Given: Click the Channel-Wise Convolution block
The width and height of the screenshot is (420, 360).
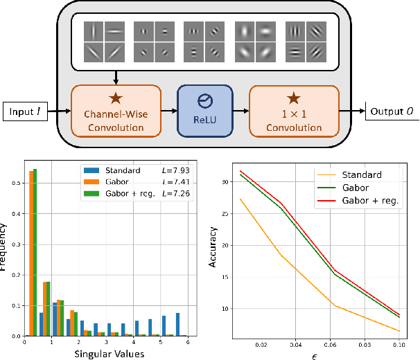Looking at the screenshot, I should (x=116, y=111).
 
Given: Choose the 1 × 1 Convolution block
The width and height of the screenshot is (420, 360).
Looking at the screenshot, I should (x=294, y=111).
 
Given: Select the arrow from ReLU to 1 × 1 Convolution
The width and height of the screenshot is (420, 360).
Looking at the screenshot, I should (x=239, y=109).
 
